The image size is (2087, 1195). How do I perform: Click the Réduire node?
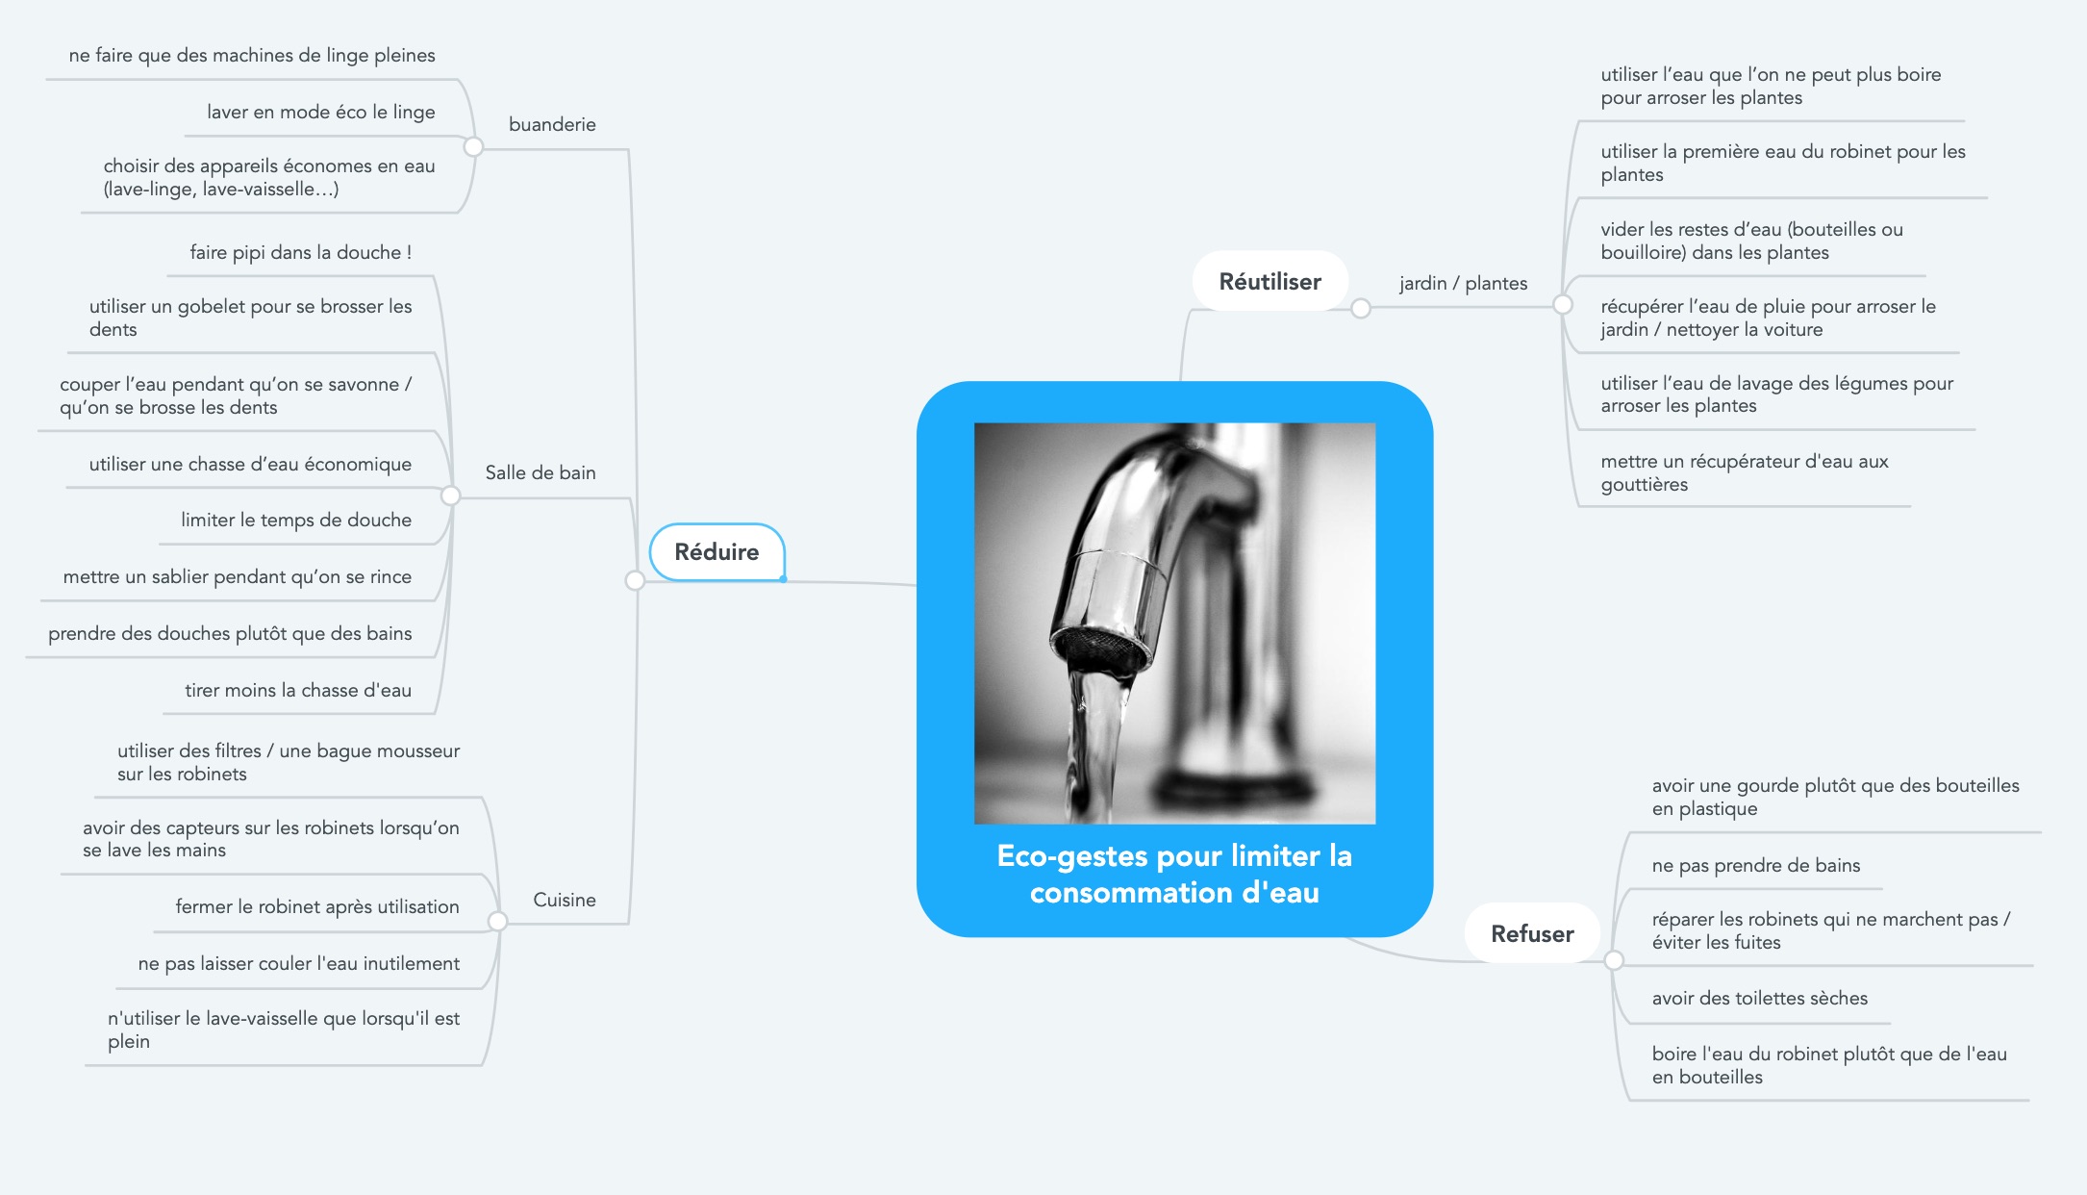[717, 552]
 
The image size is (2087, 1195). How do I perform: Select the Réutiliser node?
[1270, 281]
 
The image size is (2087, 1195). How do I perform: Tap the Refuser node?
[1532, 933]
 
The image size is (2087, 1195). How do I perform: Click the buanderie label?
[552, 124]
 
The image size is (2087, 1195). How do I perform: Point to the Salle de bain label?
[541, 472]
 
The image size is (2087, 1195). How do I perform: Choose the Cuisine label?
[565, 900]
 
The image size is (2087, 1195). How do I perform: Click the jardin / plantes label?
[1463, 283]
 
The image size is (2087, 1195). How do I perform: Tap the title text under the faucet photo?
[1174, 874]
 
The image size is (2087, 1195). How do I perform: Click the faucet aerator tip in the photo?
[1099, 651]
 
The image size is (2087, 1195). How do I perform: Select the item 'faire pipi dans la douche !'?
[301, 252]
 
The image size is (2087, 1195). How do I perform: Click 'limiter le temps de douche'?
[296, 520]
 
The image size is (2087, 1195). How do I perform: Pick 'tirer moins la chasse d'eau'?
[298, 690]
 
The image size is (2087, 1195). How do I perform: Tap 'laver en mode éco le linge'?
[321, 112]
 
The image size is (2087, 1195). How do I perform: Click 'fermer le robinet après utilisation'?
[317, 906]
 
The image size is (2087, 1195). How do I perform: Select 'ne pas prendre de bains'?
[1756, 865]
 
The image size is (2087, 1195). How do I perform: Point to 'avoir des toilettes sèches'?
[1760, 998]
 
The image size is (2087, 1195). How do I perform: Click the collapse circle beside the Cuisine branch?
[497, 922]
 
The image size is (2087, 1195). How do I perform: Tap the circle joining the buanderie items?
[473, 146]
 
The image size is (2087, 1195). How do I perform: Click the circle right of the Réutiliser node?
[1361, 308]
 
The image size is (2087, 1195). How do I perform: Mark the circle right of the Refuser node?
[1614, 960]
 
